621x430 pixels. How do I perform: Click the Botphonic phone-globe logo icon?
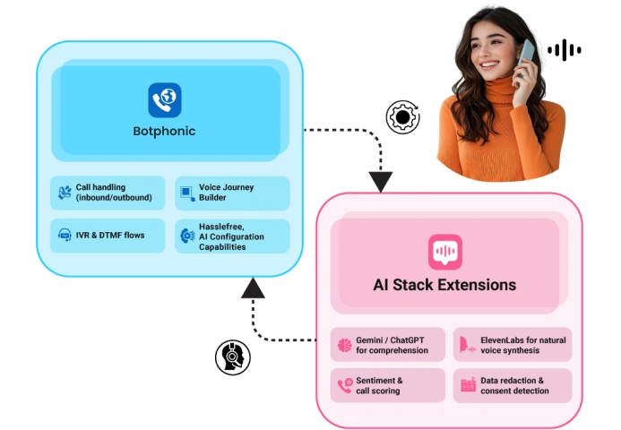165,99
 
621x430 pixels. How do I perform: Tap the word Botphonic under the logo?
165,132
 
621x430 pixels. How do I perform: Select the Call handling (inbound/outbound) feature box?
108,193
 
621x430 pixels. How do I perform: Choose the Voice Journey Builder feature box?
232,193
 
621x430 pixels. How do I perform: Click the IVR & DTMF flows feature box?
108,236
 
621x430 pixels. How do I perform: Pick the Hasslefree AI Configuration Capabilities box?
232,236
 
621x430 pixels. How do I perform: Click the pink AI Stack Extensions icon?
444,253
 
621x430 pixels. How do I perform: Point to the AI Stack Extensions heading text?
444,285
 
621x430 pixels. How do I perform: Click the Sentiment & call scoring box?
388,385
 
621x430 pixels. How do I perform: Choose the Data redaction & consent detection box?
512,385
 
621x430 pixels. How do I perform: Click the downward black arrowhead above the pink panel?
381,182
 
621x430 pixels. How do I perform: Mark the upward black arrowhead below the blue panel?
254,288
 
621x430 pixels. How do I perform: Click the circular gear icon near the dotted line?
402,117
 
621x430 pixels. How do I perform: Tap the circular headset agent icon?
232,357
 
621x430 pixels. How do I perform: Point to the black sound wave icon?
565,50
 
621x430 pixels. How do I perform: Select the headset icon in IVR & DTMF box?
65,236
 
